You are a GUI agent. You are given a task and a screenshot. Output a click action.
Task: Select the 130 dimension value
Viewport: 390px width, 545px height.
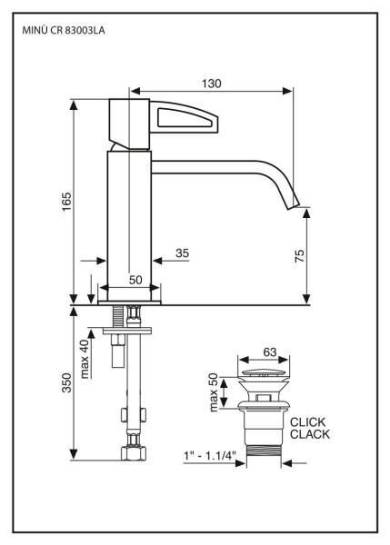(211, 83)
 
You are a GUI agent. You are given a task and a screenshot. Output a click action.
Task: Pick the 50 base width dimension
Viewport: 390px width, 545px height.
(135, 281)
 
